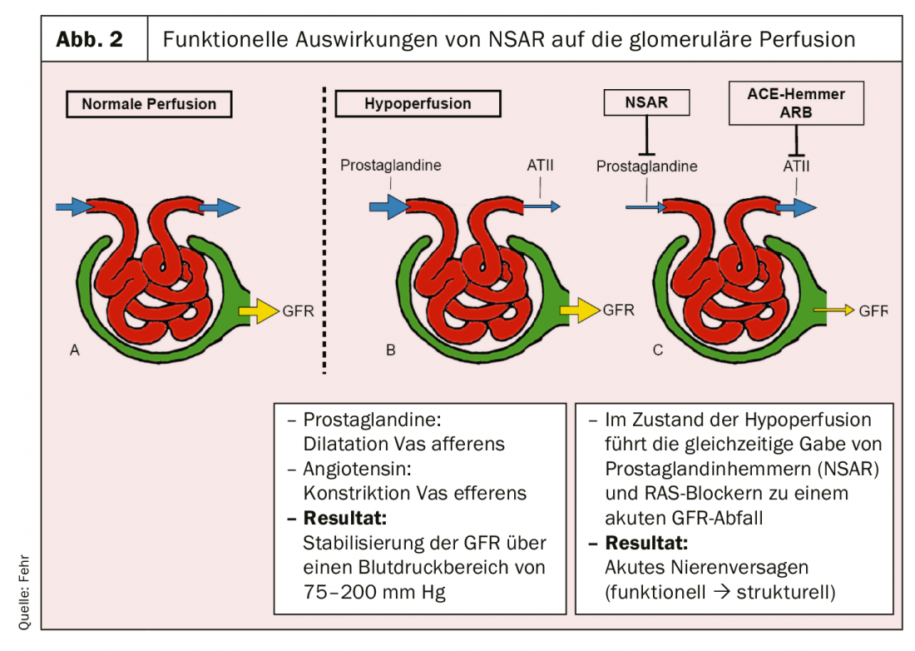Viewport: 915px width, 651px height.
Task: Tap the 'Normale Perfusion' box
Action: [149, 104]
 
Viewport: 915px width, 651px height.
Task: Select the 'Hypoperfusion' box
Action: [418, 104]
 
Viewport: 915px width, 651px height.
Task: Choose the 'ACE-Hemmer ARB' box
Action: [795, 102]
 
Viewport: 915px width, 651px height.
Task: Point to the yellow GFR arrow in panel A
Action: [260, 311]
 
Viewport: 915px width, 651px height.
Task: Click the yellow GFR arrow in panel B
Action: [579, 311]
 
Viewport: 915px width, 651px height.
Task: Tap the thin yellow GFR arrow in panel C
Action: [833, 310]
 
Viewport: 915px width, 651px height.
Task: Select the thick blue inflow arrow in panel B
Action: [384, 205]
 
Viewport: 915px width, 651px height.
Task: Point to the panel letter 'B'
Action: [391, 350]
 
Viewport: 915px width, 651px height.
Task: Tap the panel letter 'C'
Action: [658, 350]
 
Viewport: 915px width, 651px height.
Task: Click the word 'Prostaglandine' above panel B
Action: [390, 165]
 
